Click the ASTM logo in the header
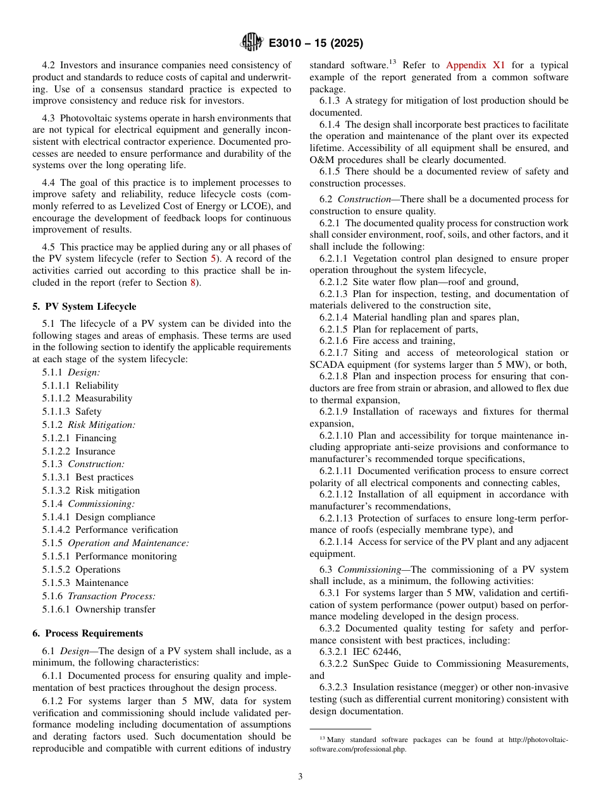pyautogui.click(x=252, y=43)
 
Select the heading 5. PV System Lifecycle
pyautogui.click(x=84, y=307)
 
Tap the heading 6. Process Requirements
pyautogui.click(x=87, y=633)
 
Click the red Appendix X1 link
pyautogui.click(x=475, y=65)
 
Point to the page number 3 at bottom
pyautogui.click(x=300, y=777)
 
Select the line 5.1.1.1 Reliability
pyautogui.click(x=80, y=386)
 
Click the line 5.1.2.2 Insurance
pyautogui.click(x=79, y=451)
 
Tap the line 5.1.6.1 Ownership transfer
pyautogui.click(x=99, y=609)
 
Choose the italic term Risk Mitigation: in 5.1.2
pyautogui.click(x=102, y=425)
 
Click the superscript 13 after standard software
pyautogui.click(x=392, y=63)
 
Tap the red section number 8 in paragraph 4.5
pyautogui.click(x=193, y=283)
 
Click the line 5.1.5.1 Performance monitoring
pyautogui.click(x=109, y=556)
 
